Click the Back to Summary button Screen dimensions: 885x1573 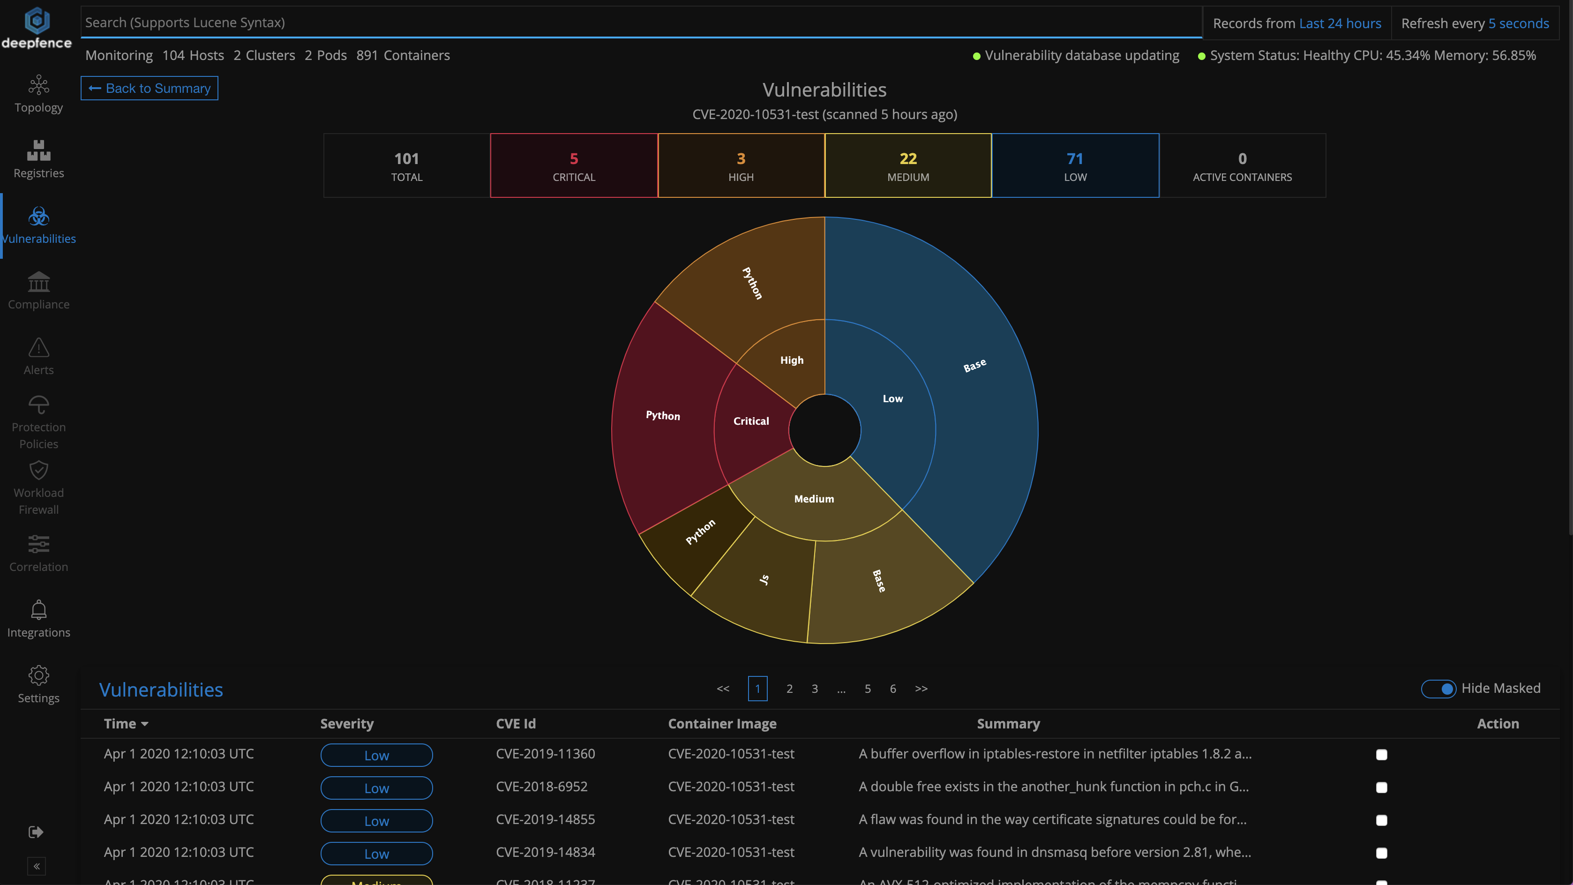[x=150, y=88]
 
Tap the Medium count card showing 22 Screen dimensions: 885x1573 [x=908, y=165]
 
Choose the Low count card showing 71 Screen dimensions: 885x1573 [x=1075, y=165]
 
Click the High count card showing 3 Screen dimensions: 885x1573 [x=741, y=165]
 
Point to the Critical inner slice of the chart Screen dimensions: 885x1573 [x=751, y=421]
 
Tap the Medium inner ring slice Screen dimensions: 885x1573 [x=814, y=499]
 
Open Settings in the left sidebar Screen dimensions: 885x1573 [x=38, y=684]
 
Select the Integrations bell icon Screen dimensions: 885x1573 [x=38, y=609]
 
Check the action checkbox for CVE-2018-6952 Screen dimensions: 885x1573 [x=1381, y=787]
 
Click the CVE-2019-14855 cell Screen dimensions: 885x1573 [x=545, y=820]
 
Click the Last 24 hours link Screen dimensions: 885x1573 [x=1340, y=23]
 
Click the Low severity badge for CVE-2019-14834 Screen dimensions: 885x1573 [x=376, y=853]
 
